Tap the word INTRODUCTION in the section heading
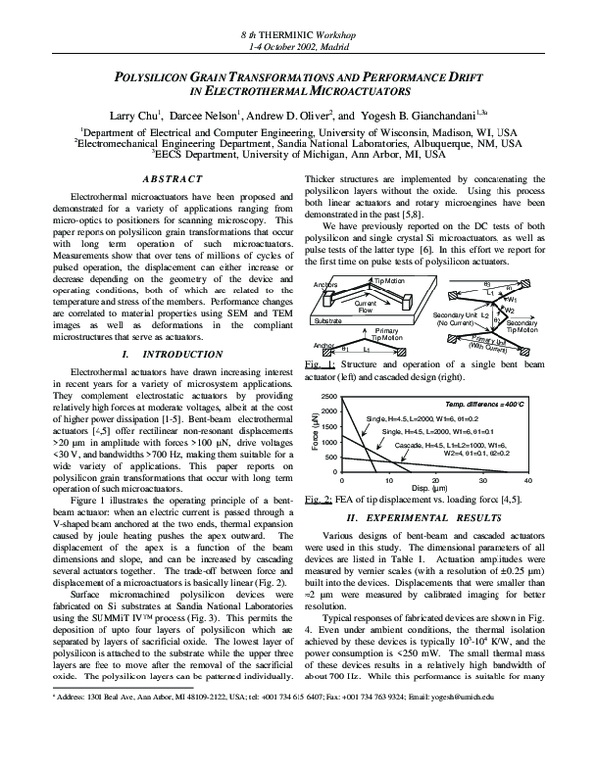point(175,354)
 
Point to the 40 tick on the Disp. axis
point(528,481)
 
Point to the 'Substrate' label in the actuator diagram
point(325,323)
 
